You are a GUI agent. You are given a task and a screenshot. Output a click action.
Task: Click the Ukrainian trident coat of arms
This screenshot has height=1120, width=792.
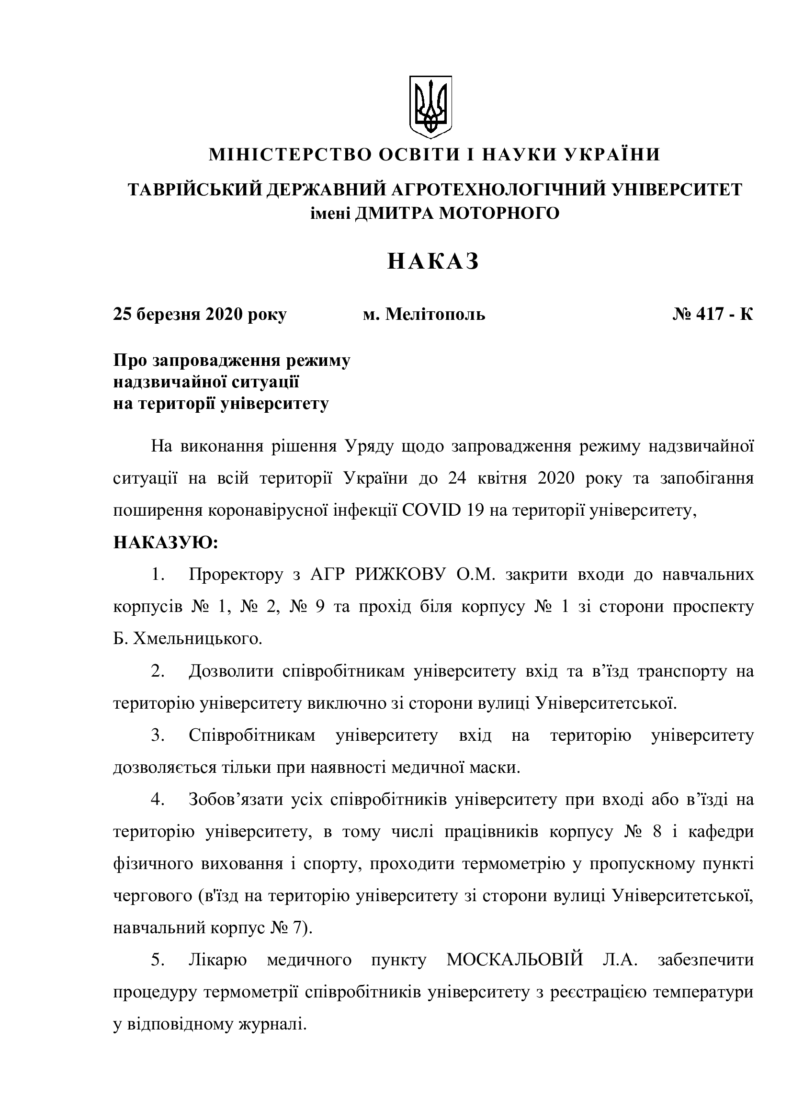430,106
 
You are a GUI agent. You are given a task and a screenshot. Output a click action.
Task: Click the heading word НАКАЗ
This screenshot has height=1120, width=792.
433,262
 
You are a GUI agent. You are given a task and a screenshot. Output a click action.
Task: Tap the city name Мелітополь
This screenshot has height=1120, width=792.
435,314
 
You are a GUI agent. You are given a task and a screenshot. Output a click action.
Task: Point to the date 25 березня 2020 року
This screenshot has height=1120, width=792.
200,314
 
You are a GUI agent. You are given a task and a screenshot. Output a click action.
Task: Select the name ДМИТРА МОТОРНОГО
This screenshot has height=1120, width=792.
456,213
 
